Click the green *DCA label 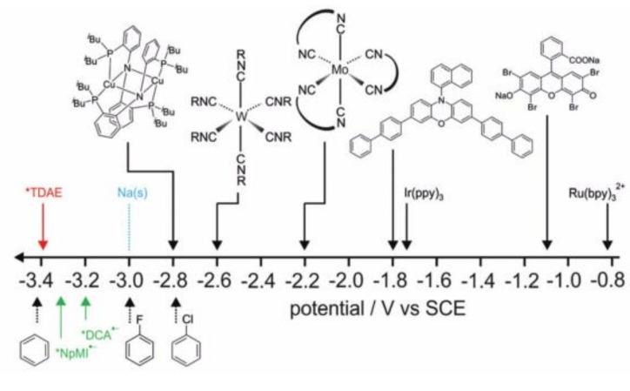coord(97,335)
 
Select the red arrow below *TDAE coord(42,229)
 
